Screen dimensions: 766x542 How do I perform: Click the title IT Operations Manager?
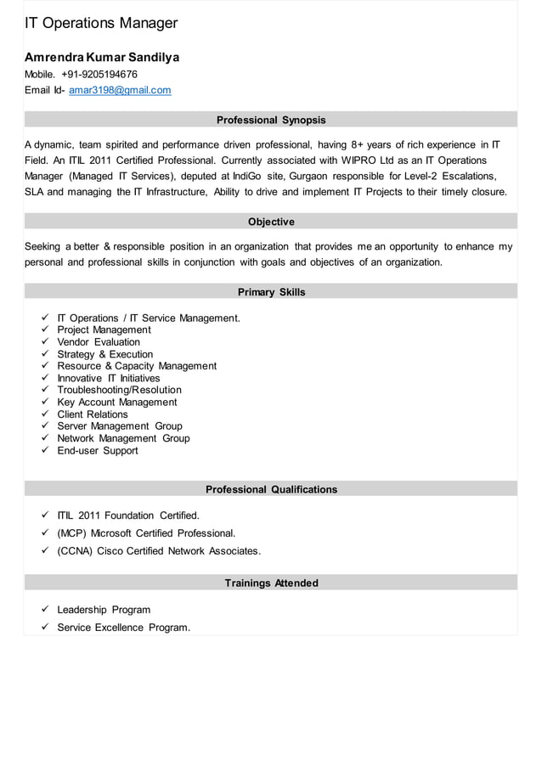(101, 23)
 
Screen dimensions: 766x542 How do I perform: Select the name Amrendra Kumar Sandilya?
(102, 58)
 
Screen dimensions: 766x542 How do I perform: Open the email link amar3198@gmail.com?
(120, 90)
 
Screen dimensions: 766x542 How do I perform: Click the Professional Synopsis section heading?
(271, 120)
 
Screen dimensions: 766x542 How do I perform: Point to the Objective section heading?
(271, 222)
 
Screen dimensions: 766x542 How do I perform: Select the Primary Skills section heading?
(271, 292)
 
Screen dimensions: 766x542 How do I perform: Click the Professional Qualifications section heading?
(271, 489)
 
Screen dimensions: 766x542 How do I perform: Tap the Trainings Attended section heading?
(271, 583)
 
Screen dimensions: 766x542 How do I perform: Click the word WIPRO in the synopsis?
(363, 161)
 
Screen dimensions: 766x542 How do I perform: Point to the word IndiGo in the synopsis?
(251, 176)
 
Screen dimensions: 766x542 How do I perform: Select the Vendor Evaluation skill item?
(99, 342)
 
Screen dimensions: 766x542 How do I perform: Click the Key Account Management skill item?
(117, 403)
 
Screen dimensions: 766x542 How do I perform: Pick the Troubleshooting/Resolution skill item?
(119, 390)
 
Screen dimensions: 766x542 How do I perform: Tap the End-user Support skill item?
(98, 451)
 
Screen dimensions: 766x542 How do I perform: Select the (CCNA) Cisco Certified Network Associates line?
(159, 551)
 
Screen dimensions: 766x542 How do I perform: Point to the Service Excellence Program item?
(123, 628)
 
